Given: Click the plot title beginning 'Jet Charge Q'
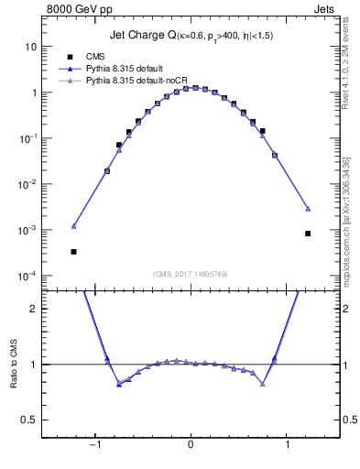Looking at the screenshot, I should [x=191, y=35].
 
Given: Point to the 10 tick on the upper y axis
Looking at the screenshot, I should [x=31, y=47].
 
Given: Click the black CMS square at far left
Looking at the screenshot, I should [x=73, y=251].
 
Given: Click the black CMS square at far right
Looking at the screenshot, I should [x=308, y=234].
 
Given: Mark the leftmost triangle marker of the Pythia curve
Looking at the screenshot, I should [x=73, y=225].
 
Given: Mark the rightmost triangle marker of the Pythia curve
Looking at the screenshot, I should [x=308, y=209].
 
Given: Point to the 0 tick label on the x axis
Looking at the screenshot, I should [x=191, y=444].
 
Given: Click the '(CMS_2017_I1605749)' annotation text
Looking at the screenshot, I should [x=191, y=274].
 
